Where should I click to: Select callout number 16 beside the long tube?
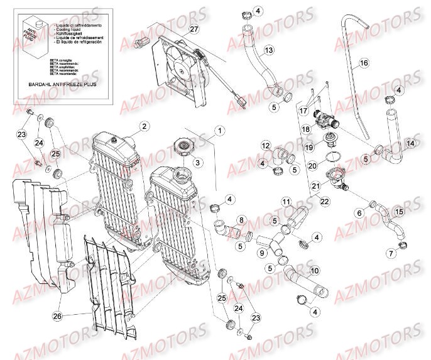click(363, 63)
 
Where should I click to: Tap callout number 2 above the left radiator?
click(145, 126)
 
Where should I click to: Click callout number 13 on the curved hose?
click(268, 50)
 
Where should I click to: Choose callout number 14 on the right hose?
click(410, 143)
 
